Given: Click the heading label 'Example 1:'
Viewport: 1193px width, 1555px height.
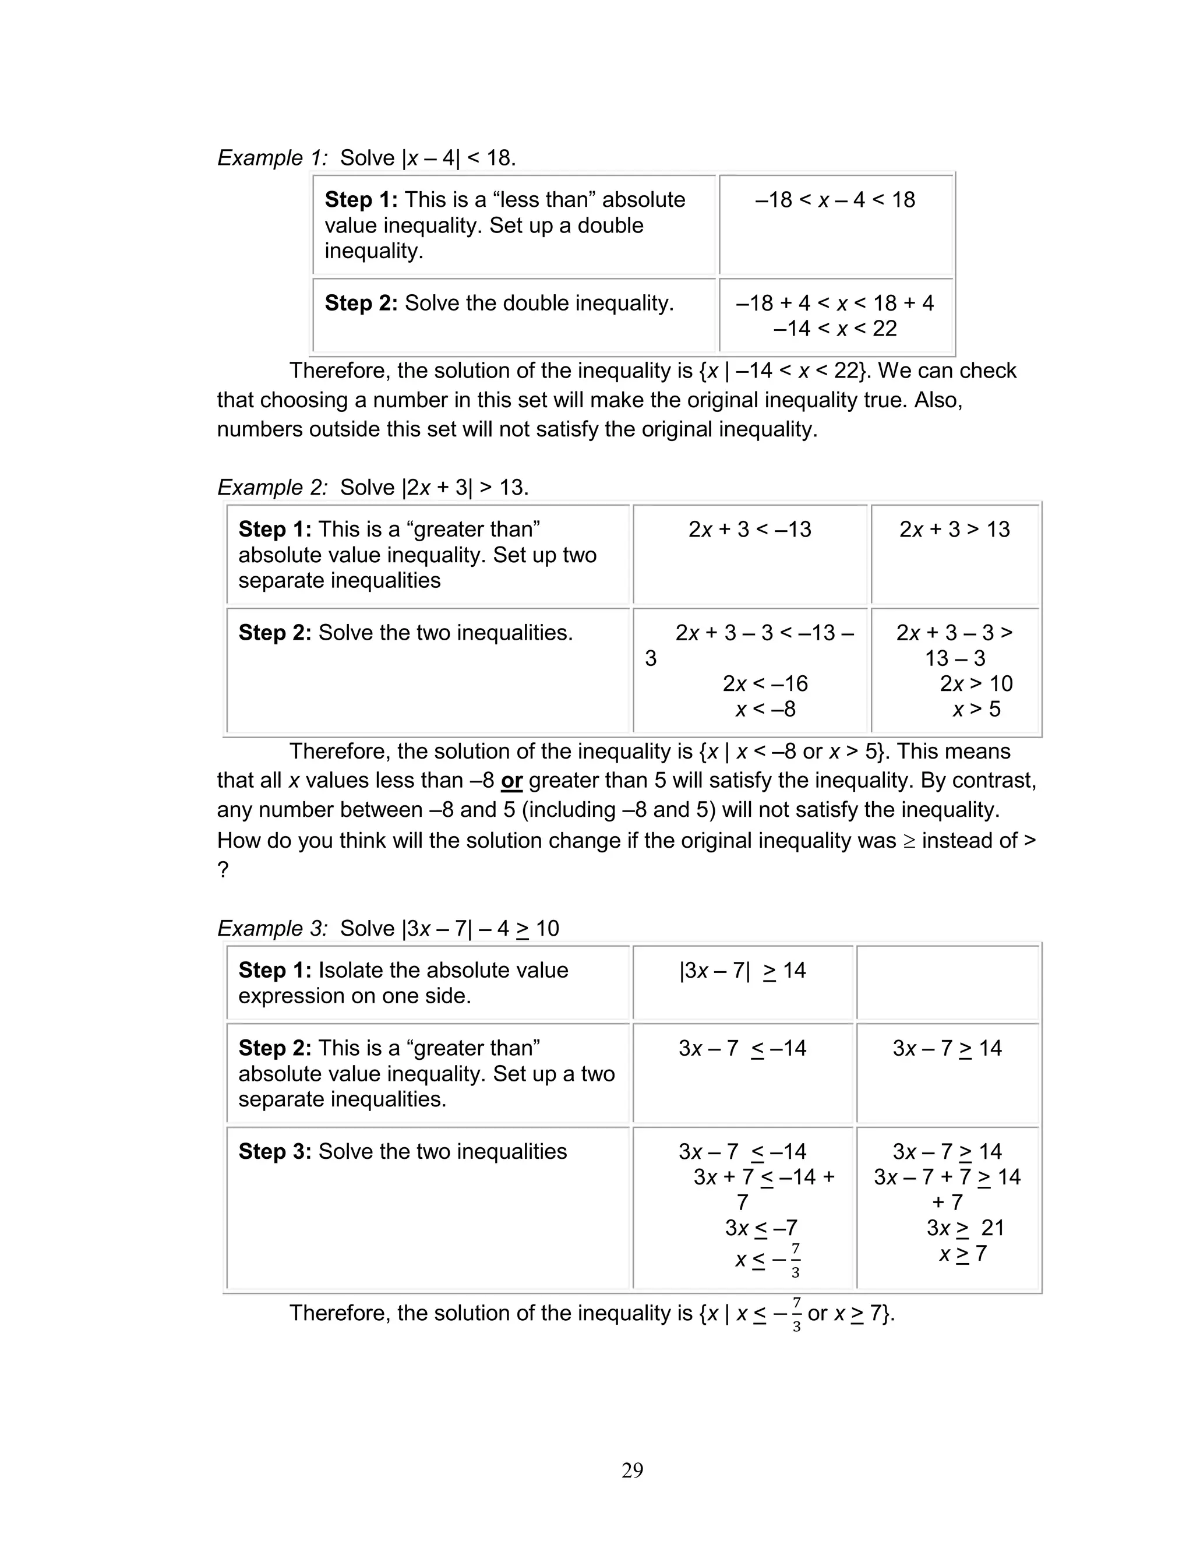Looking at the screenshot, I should pos(272,158).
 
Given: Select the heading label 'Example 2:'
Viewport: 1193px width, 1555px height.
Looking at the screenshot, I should pos(272,487).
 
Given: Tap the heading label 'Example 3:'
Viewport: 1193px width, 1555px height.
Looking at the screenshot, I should pos(272,928).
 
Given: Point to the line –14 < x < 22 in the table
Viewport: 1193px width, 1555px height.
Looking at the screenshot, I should pos(835,328).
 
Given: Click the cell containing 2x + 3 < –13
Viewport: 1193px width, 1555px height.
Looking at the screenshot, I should pos(749,529).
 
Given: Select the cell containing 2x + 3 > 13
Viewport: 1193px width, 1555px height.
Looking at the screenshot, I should pos(954,529).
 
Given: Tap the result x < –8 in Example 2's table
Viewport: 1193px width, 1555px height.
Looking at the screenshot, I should pos(765,708).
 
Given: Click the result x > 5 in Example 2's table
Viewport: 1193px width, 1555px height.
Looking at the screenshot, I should pos(976,708).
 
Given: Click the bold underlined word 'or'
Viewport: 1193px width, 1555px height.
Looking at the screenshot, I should pos(511,780).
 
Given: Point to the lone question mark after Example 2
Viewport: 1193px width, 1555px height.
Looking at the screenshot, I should pos(223,870).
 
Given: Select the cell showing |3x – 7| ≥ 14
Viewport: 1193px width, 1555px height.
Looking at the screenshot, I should pos(742,970).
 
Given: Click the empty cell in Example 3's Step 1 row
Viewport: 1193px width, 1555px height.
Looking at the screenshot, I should pos(947,983).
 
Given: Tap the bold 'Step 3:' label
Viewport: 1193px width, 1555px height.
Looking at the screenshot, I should pos(275,1151).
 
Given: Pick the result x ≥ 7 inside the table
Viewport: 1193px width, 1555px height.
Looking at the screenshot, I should pos(962,1253).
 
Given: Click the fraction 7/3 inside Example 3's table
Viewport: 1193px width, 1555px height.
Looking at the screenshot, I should pos(795,1260).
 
